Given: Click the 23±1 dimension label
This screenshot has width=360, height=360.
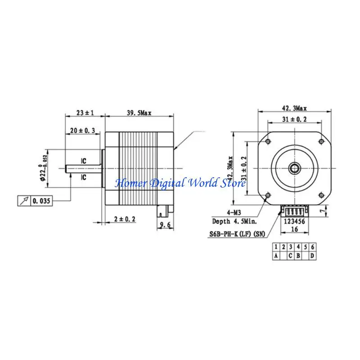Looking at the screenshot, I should (85, 113).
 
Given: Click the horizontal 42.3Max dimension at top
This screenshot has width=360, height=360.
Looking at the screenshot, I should (294, 108).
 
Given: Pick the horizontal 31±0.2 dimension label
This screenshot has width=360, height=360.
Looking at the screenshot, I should (294, 119).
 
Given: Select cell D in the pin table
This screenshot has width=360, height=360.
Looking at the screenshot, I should (312, 256).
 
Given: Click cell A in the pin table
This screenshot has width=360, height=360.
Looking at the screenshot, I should (276, 256).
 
